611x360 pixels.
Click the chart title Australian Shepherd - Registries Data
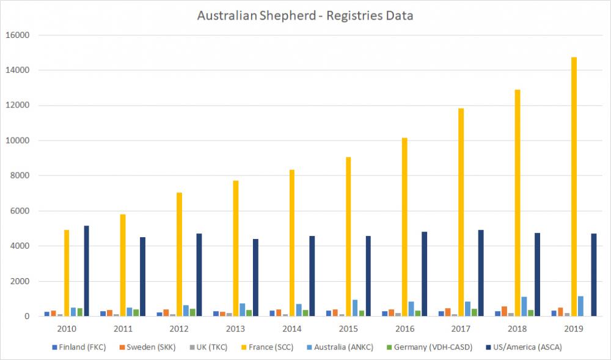point(305,15)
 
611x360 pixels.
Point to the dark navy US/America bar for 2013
point(255,277)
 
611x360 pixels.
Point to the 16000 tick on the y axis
point(17,35)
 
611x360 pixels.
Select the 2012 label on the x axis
point(180,329)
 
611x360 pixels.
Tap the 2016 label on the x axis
point(405,329)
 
